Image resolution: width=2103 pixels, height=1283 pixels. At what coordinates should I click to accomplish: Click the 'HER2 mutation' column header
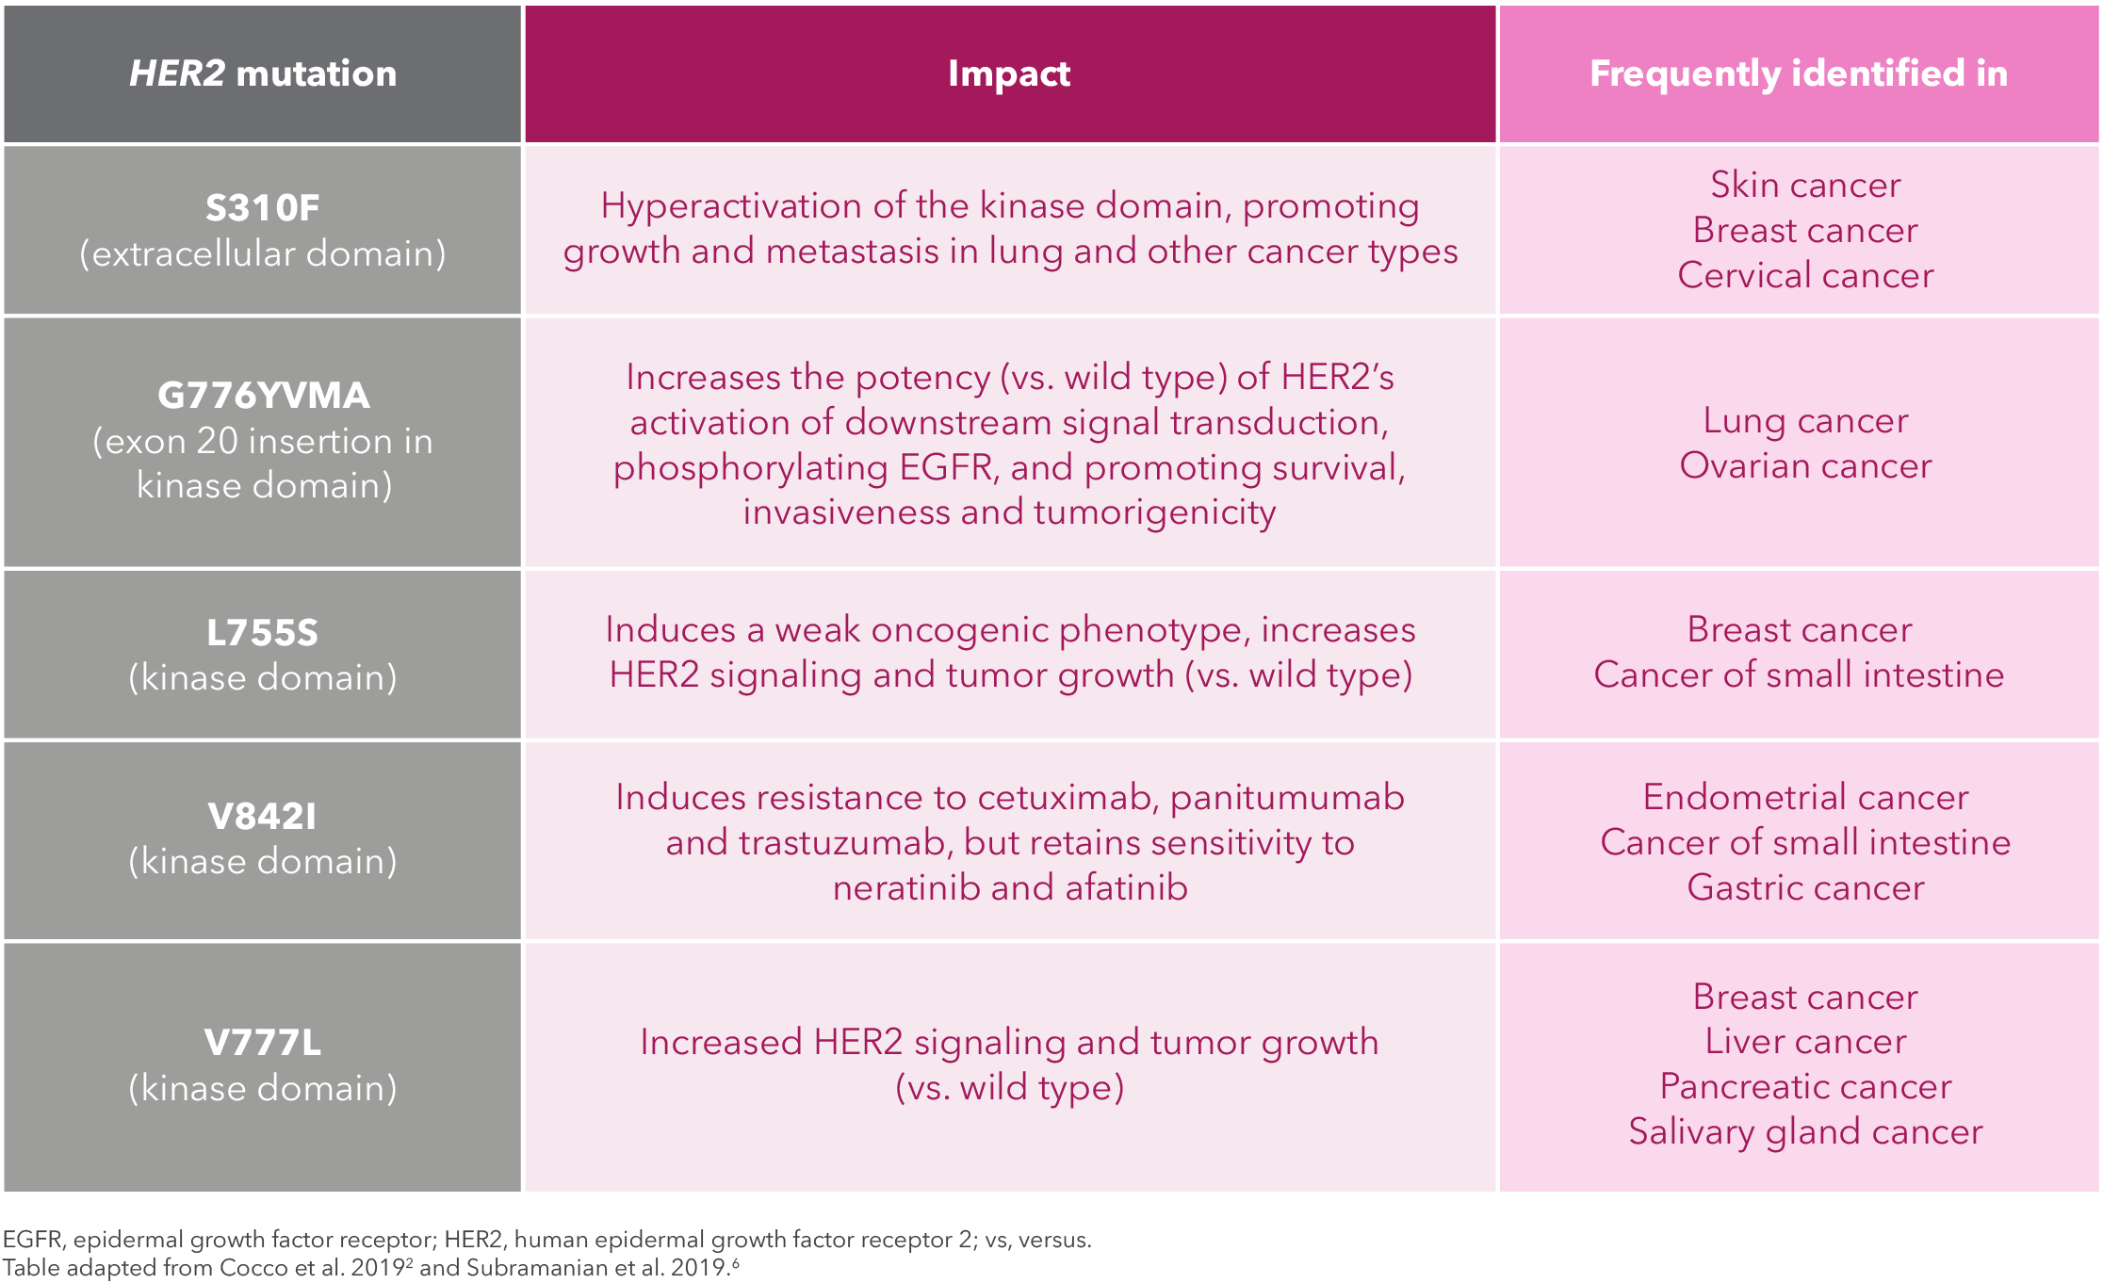coord(263,73)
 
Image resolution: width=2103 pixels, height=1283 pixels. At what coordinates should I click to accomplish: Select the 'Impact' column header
coord(1009,73)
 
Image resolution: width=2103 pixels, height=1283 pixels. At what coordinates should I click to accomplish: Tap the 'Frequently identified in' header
coord(1799,73)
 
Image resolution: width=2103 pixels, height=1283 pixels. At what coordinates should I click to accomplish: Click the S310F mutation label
coord(263,207)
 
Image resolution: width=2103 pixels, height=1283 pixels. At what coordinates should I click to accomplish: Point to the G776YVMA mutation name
coord(263,395)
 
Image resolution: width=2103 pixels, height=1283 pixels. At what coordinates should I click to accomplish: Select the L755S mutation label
coord(263,632)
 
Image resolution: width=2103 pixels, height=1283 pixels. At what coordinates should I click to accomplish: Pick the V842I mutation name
coord(263,816)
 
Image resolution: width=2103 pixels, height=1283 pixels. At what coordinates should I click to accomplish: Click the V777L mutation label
coord(263,1043)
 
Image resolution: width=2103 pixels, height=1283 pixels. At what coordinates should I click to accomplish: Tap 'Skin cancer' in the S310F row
coord(1805,185)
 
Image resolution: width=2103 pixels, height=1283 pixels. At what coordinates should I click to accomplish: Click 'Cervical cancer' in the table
coord(1805,275)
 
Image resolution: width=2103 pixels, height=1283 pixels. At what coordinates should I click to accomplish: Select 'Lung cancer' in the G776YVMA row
coord(1805,420)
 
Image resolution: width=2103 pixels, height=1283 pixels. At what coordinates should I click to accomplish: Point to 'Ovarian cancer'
coord(1805,465)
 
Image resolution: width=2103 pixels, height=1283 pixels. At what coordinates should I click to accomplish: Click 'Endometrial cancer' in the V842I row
coord(1805,797)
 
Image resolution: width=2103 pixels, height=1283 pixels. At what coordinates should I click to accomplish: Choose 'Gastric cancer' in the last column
coord(1805,887)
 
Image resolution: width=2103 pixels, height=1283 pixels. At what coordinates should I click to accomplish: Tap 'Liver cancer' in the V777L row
coord(1805,1041)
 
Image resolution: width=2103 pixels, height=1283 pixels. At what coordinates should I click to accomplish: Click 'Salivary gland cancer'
coord(1805,1131)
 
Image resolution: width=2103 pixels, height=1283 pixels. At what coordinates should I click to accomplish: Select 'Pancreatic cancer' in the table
coord(1805,1086)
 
